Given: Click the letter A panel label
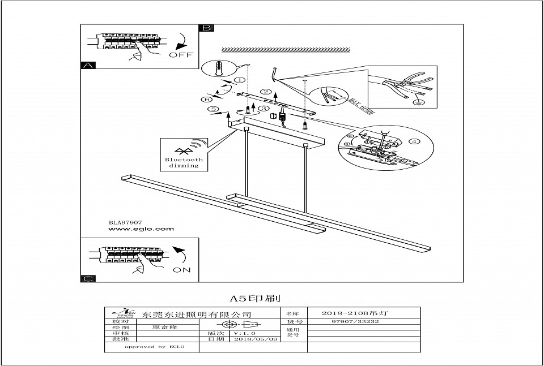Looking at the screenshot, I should click(87, 65).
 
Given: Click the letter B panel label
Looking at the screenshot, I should click(207, 28).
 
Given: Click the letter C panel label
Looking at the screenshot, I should click(87, 278).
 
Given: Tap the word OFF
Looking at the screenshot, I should click(181, 55).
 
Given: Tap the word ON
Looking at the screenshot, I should click(181, 270).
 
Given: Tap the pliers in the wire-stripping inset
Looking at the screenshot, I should click(407, 84).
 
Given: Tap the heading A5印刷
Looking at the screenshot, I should click(255, 297).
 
